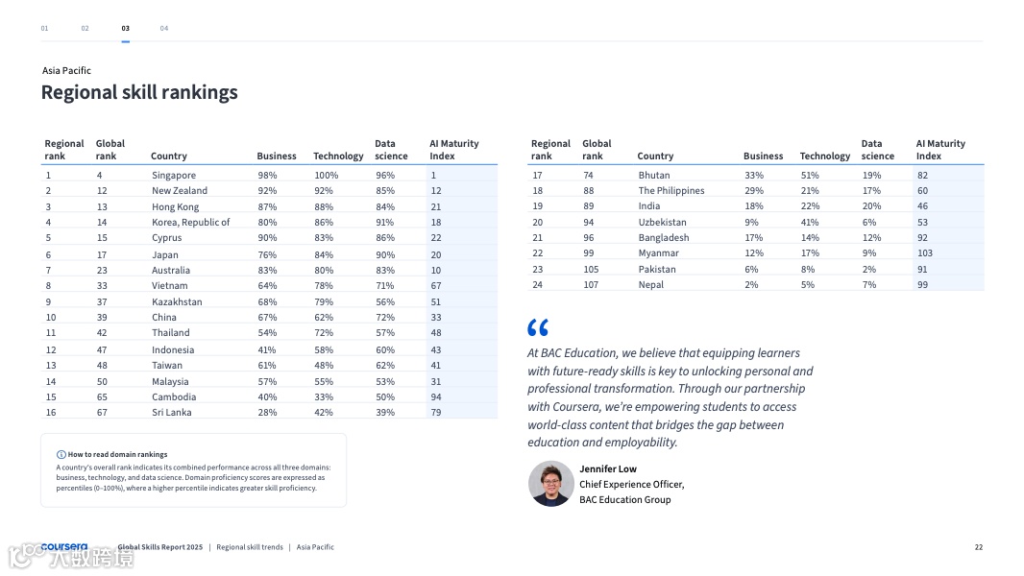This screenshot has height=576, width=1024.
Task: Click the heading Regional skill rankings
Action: coord(139,92)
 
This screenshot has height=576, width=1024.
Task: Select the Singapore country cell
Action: coord(174,175)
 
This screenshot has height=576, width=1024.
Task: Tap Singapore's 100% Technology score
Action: coord(327,175)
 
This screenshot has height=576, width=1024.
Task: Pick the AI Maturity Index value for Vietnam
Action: coord(436,285)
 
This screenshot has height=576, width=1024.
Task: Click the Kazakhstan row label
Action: coord(177,301)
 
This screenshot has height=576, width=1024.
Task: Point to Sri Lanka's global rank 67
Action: coord(102,412)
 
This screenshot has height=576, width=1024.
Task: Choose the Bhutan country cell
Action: coord(654,175)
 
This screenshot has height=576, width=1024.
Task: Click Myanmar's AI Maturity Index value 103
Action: coord(924,253)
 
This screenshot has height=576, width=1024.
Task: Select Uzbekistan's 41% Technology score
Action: coord(810,222)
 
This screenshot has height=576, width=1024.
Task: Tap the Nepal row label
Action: coord(651,284)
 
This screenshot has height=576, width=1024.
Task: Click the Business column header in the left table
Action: coord(277,156)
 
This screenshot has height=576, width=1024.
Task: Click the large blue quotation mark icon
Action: coord(538,327)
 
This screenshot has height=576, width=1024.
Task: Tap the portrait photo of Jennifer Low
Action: coord(551,484)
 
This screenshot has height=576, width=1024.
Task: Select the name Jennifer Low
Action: coord(608,468)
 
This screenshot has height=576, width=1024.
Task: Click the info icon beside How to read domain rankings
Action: coord(61,454)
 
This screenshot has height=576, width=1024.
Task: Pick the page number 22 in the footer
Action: coord(979,547)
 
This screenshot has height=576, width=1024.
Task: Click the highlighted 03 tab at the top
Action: coord(126,29)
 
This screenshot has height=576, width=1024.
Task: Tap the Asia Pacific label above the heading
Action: coord(66,70)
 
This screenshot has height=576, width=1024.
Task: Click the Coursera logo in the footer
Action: coord(63,547)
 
